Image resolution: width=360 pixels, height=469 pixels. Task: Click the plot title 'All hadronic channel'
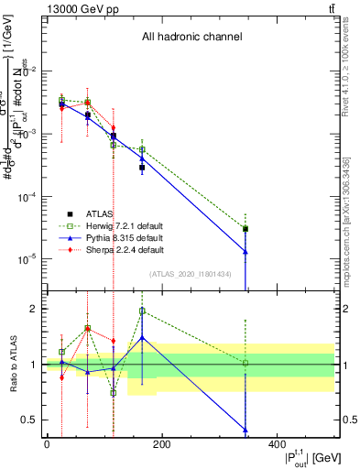point(191,38)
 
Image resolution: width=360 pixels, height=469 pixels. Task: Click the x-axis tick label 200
point(161,444)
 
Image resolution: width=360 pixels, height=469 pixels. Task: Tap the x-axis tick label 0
point(47,444)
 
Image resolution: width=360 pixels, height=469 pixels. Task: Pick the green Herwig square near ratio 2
point(142,311)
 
